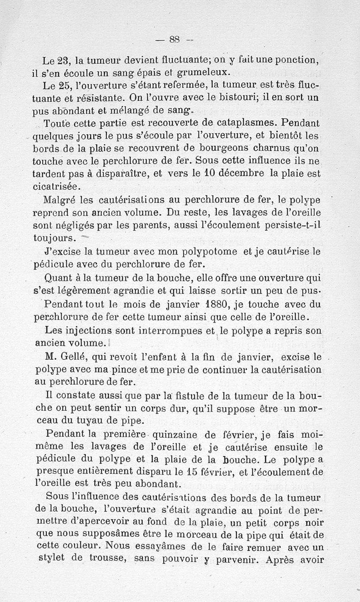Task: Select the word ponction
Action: pos(298,60)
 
